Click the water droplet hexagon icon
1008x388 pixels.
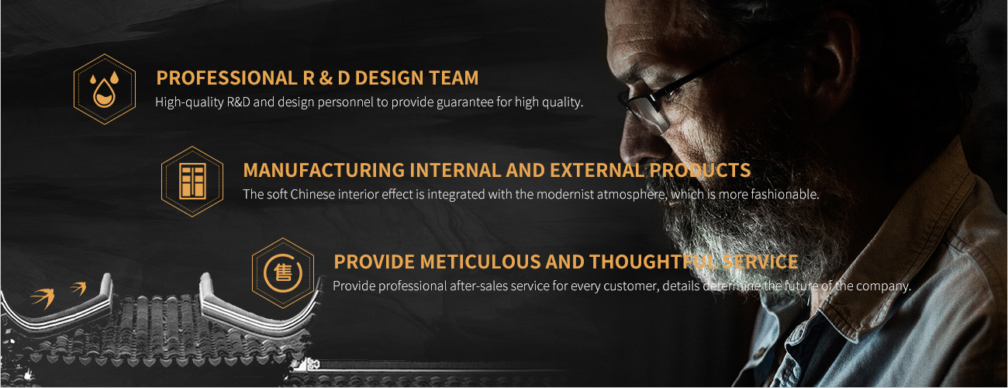tap(105, 89)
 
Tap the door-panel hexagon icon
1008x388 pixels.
tap(192, 182)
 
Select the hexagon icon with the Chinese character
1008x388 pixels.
tap(282, 273)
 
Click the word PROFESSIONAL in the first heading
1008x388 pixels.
tap(226, 78)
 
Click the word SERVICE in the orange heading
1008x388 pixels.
tap(760, 262)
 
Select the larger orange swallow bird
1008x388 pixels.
tap(43, 298)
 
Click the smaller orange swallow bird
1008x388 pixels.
tap(78, 288)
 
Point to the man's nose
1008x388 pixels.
tap(634, 144)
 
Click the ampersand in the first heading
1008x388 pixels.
tap(326, 78)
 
